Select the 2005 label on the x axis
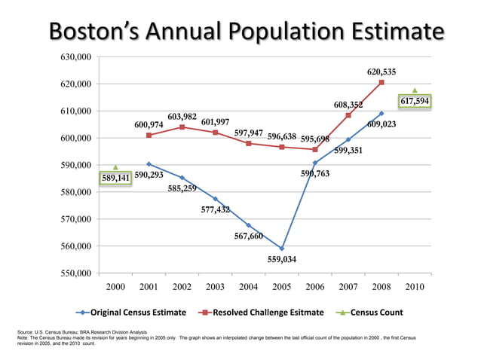tap(281, 288)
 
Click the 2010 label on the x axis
tap(415, 288)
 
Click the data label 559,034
tap(283, 259)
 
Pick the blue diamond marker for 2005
tap(282, 249)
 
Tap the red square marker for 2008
tap(381, 83)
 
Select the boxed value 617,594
tap(415, 100)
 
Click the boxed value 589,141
tap(115, 178)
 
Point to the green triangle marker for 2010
tap(415, 90)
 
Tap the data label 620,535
tap(381, 72)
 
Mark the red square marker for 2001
tap(149, 136)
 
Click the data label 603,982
tap(182, 117)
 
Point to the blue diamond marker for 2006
tap(315, 163)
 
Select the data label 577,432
tap(216, 210)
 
